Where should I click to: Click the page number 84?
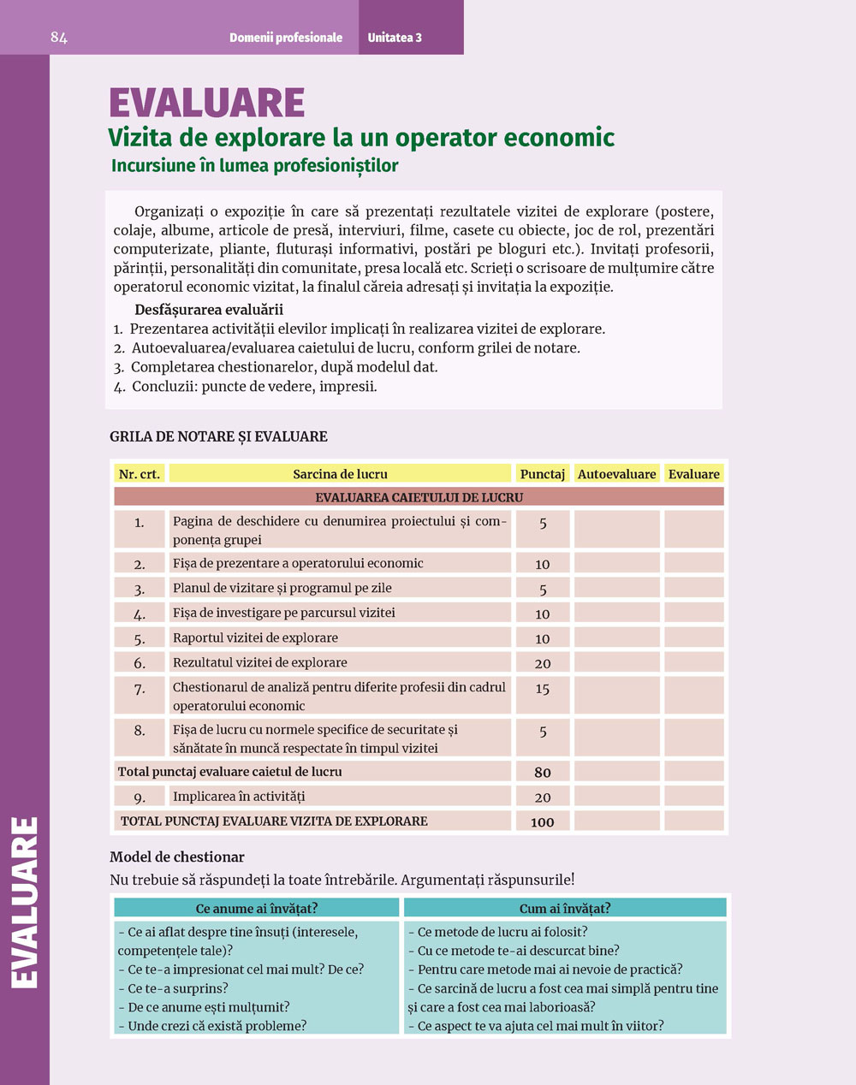tap(59, 38)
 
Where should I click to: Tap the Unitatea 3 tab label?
tap(395, 38)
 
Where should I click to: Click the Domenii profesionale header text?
tap(286, 38)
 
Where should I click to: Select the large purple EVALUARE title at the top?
tap(207, 104)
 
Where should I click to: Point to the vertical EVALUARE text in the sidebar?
tap(26, 903)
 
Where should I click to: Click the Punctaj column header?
tap(543, 474)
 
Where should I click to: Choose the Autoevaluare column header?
tap(616, 474)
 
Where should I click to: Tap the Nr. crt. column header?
tap(140, 474)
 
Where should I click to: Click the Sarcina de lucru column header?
tap(340, 474)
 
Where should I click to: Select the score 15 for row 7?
tap(543, 689)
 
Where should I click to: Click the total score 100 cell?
tap(543, 822)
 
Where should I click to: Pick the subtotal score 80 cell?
tap(543, 772)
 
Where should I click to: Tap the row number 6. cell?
tap(140, 663)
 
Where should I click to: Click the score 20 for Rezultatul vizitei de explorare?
tap(543, 663)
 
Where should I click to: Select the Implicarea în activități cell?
tap(239, 797)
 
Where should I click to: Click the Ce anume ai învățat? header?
tap(257, 909)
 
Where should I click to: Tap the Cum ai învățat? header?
tap(565, 909)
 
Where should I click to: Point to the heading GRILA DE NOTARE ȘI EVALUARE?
tap(218, 436)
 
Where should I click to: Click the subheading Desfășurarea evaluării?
tap(209, 310)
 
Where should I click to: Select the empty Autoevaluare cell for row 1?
tap(616, 529)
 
